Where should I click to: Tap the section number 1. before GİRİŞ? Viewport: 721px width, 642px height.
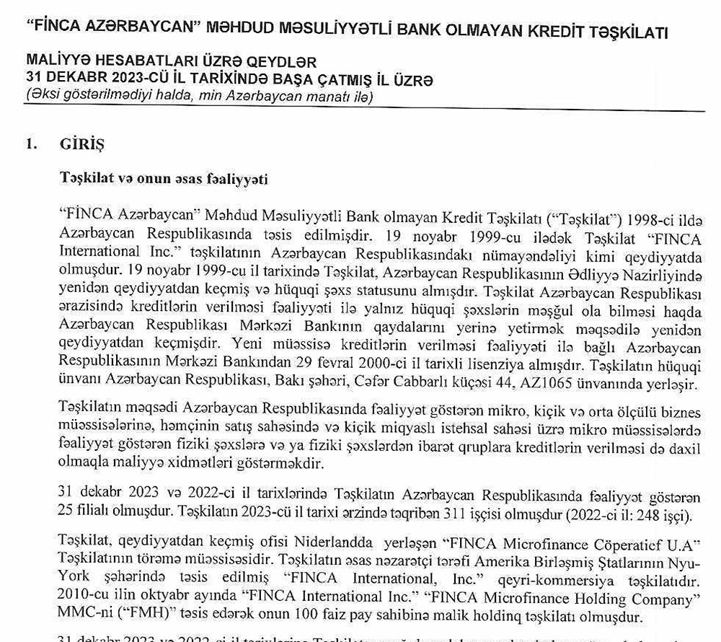point(31,144)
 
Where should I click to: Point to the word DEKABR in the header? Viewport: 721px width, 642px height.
point(72,79)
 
